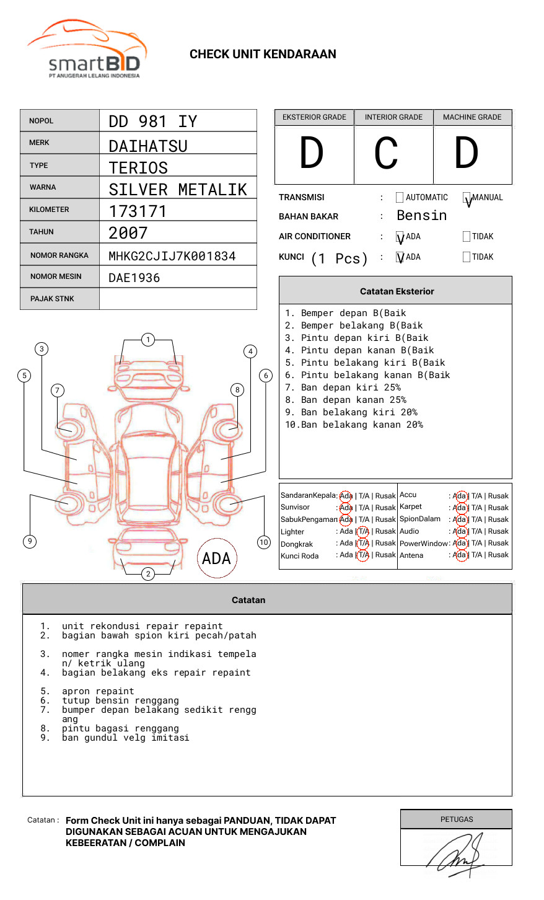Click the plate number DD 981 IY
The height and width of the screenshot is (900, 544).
click(x=152, y=121)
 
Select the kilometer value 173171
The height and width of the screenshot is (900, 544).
click(x=138, y=211)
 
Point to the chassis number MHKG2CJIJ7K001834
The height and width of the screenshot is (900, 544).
click(x=172, y=256)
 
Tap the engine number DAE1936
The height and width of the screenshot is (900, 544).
click(x=134, y=278)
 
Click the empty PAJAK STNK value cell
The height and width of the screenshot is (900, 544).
click(x=178, y=299)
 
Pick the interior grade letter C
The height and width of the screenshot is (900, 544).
click(x=386, y=154)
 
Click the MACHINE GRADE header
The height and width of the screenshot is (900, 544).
click(x=472, y=117)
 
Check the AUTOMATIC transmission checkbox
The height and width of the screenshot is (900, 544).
click(x=400, y=198)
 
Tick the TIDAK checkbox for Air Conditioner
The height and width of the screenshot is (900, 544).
click(x=467, y=236)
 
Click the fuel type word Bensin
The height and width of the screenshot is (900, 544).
click(x=421, y=216)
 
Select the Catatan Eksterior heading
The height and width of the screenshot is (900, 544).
click(x=397, y=291)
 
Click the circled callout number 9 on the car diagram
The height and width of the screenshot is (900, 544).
click(x=30, y=541)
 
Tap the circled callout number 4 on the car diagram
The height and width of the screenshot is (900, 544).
click(x=250, y=351)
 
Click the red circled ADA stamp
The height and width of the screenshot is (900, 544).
click(x=216, y=558)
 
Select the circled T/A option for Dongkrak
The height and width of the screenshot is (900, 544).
click(x=363, y=543)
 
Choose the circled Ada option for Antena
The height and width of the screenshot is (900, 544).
click(x=460, y=555)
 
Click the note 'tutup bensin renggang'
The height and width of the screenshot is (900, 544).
click(x=120, y=700)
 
